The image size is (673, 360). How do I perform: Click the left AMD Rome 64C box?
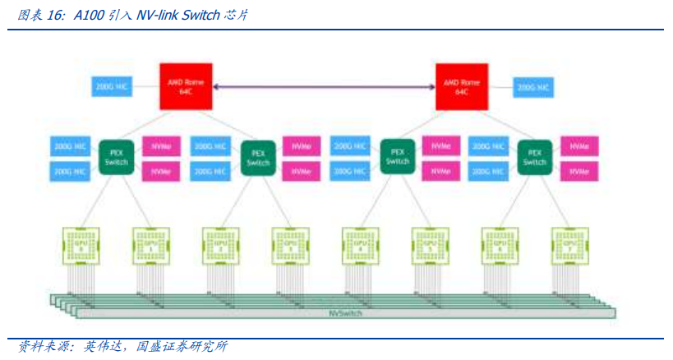(x=186, y=86)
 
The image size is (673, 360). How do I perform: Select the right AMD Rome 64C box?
(x=461, y=86)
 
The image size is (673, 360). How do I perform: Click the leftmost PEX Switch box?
(x=116, y=156)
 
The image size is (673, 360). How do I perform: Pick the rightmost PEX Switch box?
(x=535, y=156)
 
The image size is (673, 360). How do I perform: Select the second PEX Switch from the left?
(x=257, y=156)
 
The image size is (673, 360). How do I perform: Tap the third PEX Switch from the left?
(x=397, y=156)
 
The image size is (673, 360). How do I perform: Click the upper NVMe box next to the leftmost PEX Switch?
(x=161, y=146)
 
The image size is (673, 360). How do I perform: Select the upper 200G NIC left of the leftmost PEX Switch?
(x=70, y=146)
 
